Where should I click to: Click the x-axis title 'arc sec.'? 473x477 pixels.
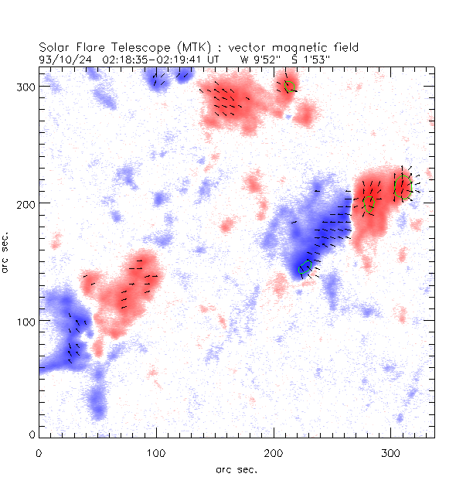tap(236, 468)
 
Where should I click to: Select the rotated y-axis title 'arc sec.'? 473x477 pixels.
tap(7, 251)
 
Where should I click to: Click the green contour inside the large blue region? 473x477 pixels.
tap(305, 267)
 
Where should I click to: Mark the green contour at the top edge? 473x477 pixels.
tap(291, 87)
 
